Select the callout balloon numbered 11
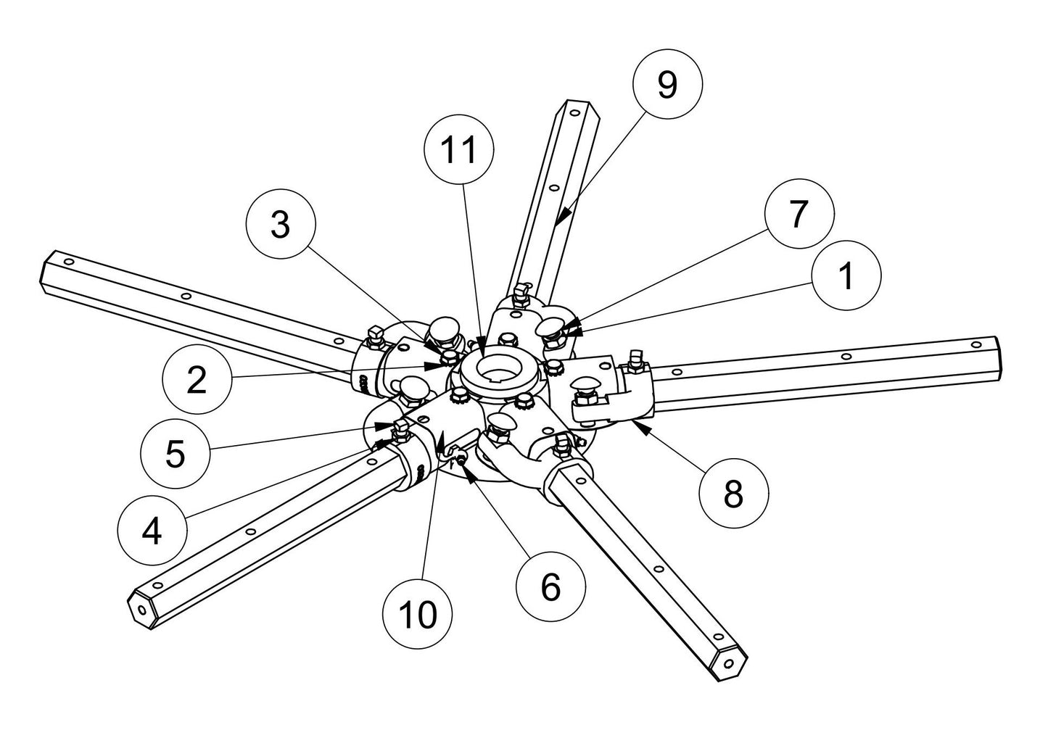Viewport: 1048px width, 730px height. [459, 150]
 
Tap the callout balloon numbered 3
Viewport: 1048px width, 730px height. [280, 225]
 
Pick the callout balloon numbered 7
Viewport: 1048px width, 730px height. [798, 214]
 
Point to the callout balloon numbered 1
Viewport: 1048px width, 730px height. [846, 275]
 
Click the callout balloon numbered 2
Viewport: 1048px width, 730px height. [197, 380]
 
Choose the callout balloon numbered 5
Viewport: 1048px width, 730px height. [175, 454]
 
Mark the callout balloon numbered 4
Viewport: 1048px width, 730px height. [152, 532]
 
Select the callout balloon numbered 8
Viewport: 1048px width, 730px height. [733, 494]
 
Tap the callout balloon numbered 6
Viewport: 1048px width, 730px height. [550, 586]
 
